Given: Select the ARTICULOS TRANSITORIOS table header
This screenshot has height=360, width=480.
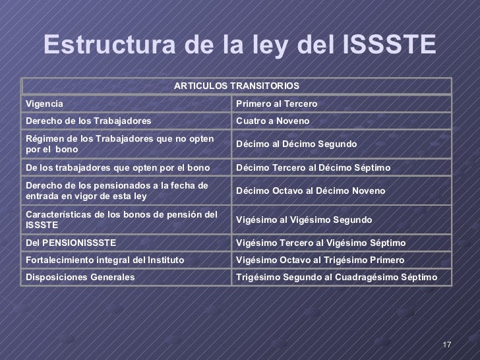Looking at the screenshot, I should coord(237,86).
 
